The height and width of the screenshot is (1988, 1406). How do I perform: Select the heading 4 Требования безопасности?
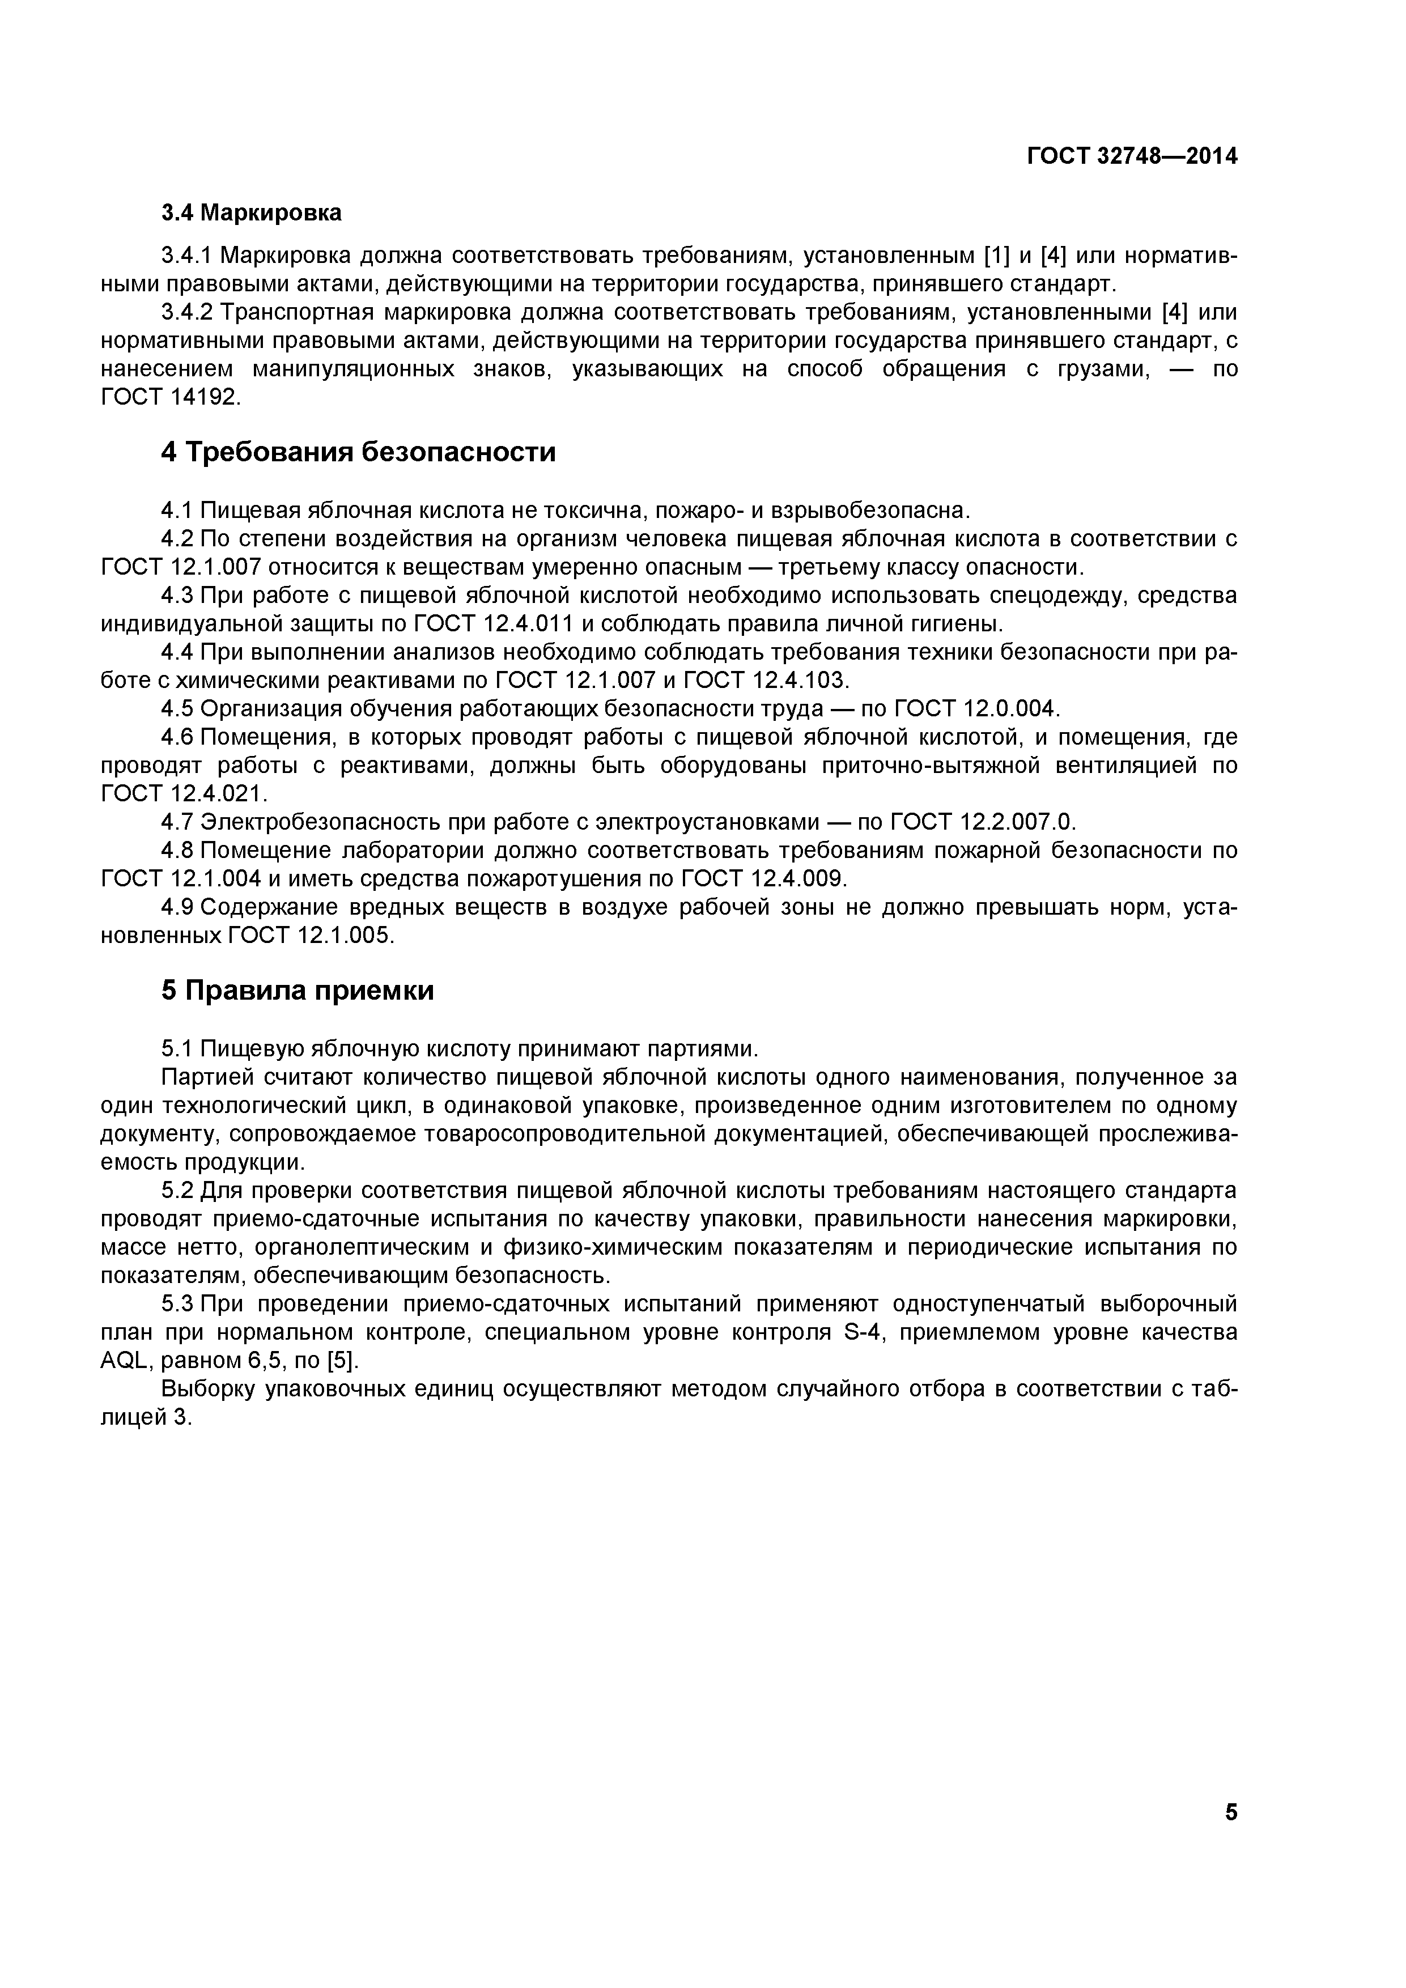click(x=358, y=452)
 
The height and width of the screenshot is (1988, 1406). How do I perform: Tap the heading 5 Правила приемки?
click(x=297, y=991)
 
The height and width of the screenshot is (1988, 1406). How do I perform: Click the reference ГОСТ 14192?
click(x=168, y=397)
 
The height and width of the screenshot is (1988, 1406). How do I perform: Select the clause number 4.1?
click(x=176, y=510)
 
